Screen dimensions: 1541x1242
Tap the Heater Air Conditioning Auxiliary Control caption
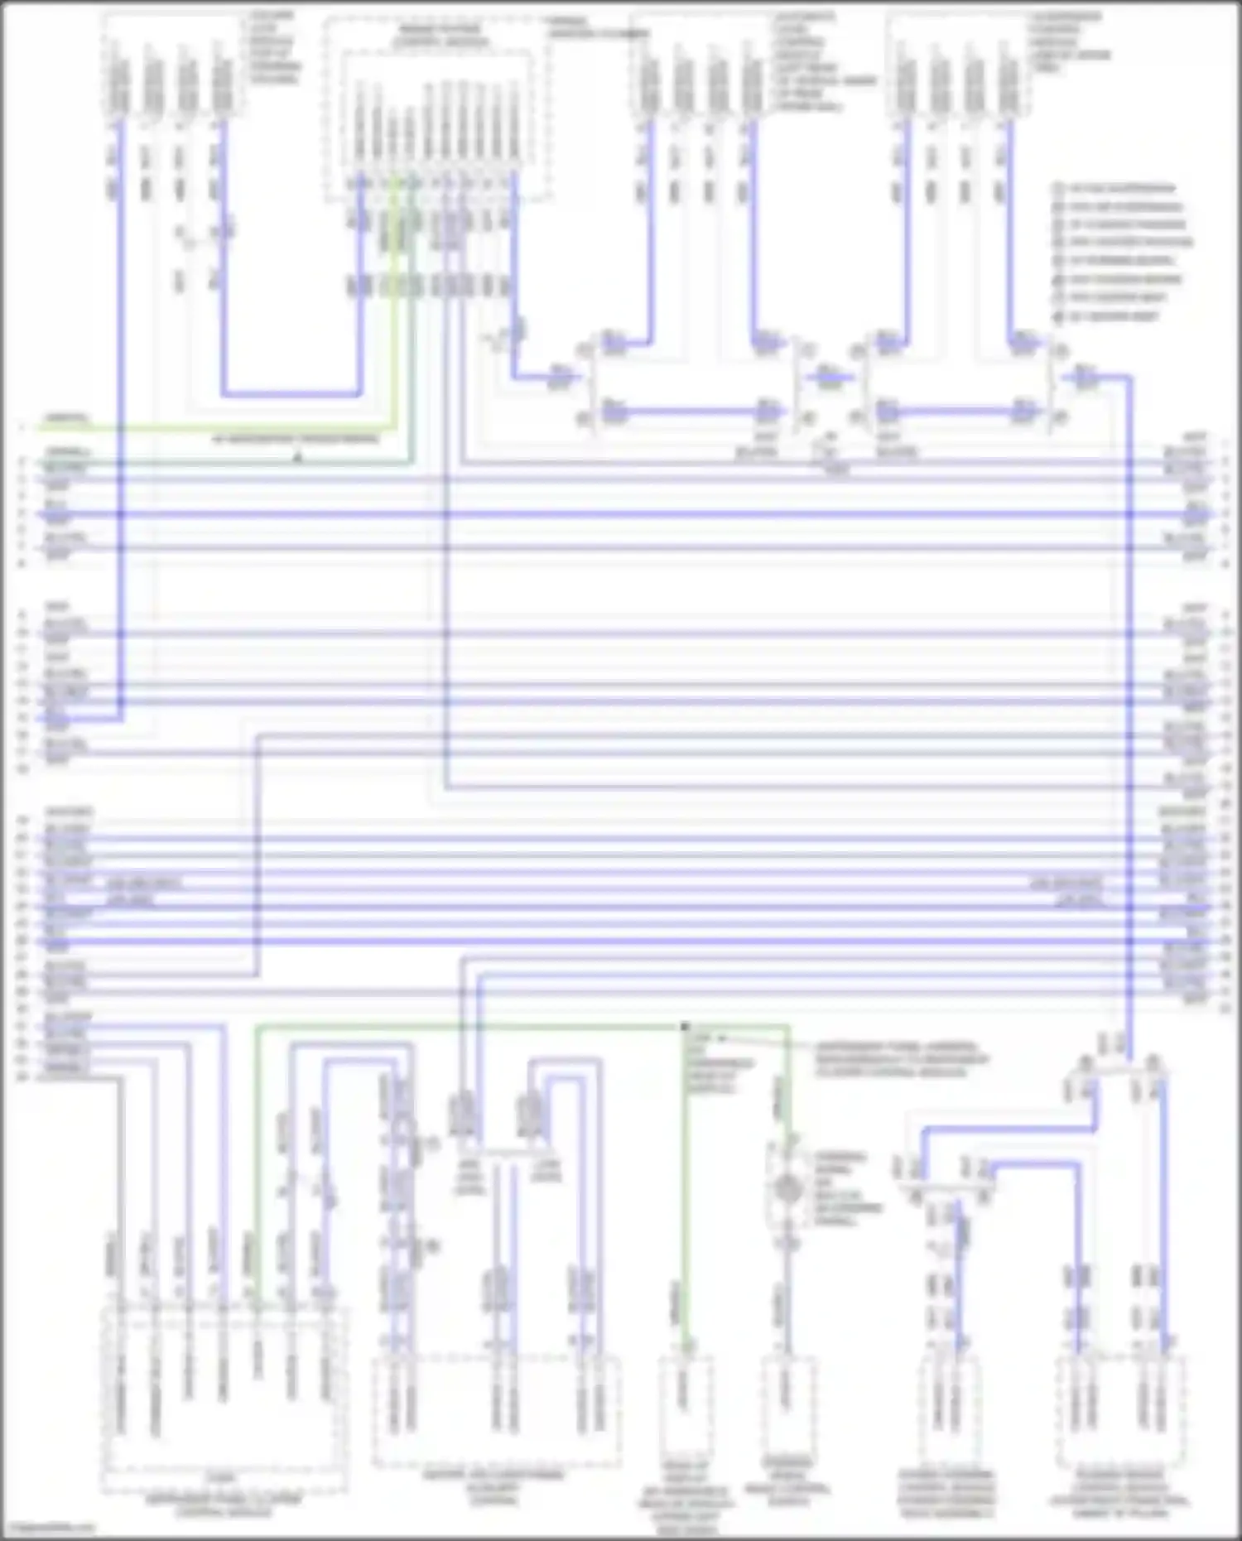(x=494, y=1487)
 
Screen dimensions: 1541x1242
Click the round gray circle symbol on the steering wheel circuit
(x=786, y=1189)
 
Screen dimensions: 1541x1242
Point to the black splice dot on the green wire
(x=685, y=1027)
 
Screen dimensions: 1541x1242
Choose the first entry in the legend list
(x=1118, y=189)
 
